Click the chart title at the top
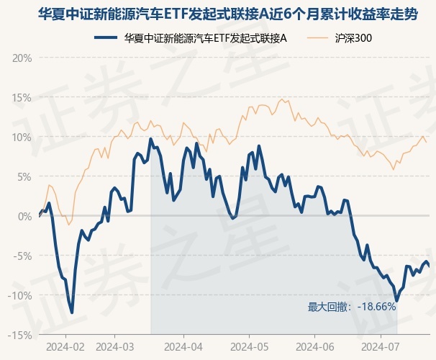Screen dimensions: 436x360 coord(228,14)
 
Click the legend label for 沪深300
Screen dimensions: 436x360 coord(353,38)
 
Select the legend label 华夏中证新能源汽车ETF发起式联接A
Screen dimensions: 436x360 coord(205,38)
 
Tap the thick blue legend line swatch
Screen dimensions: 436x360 coord(105,38)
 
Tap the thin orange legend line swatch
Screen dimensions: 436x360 coord(317,38)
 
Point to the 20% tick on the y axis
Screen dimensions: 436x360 coord(22,58)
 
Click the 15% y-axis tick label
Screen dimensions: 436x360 coord(22,98)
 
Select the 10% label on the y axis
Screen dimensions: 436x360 coord(22,138)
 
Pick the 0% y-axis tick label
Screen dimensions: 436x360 coord(24,217)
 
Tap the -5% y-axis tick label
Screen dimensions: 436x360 coord(22,256)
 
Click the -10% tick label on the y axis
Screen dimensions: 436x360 coord(19,295)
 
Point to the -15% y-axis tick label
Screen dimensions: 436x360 coord(19,336)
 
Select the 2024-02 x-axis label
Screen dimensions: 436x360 coord(65,347)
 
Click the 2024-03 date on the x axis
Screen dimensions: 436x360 coord(114,347)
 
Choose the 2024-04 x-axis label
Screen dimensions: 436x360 coord(183,347)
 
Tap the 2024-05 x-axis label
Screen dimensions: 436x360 coord(250,347)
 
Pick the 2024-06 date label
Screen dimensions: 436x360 coord(314,347)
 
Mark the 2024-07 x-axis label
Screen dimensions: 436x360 coord(380,347)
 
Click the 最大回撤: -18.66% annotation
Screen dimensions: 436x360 coord(352,307)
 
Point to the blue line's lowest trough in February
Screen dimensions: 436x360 coord(72,312)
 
